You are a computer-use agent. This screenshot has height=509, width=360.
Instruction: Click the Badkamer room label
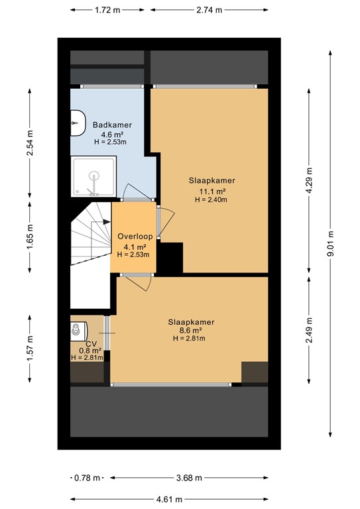(112, 125)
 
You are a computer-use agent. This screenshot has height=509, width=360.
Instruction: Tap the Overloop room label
(135, 236)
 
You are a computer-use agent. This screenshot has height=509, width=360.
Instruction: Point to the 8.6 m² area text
(190, 330)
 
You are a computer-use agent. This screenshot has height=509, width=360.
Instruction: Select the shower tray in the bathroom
(94, 177)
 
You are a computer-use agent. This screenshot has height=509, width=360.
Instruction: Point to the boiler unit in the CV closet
(79, 329)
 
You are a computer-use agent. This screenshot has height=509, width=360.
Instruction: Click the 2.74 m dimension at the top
(210, 10)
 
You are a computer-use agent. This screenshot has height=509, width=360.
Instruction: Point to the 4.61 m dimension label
(170, 499)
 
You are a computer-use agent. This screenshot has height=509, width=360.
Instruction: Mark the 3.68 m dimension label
(190, 477)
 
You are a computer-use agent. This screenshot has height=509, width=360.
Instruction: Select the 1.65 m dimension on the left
(30, 235)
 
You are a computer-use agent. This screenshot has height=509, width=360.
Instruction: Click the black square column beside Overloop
(170, 257)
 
